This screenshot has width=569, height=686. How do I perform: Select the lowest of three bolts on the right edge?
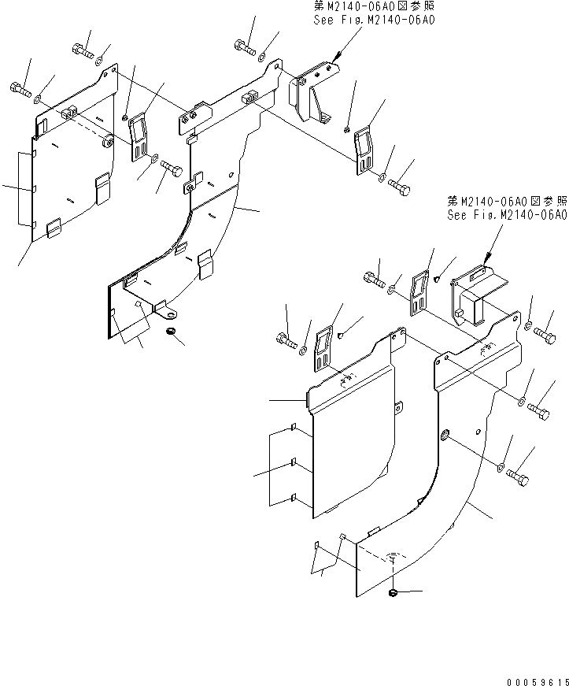click(519, 476)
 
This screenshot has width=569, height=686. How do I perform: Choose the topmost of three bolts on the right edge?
click(545, 338)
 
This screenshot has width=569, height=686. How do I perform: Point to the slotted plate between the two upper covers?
click(140, 135)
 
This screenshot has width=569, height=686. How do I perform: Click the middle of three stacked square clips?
click(293, 462)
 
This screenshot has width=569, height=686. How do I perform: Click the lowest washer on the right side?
click(501, 468)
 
